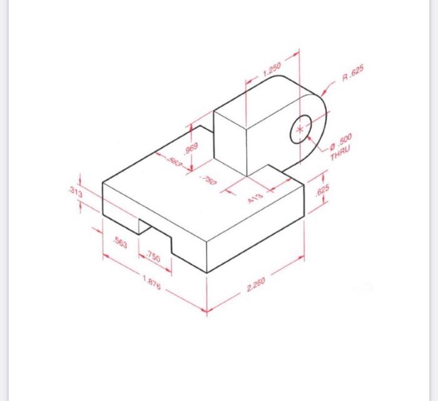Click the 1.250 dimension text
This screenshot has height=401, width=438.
tap(272, 69)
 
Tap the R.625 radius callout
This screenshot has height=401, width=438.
tap(352, 77)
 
